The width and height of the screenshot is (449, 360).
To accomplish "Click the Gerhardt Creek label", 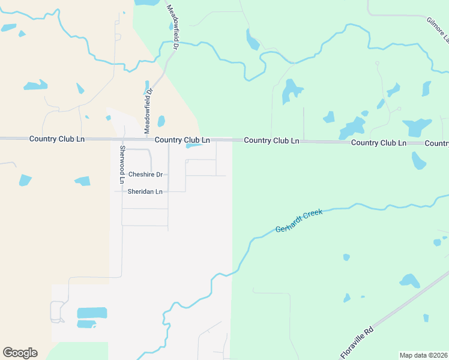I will [x=299, y=221].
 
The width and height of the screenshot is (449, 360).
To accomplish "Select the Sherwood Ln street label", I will [x=122, y=164].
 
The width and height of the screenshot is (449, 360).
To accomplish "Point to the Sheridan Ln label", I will [x=145, y=192].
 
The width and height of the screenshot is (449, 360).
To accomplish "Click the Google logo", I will [x=20, y=353].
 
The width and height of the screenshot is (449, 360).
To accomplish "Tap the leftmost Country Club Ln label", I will [x=57, y=139].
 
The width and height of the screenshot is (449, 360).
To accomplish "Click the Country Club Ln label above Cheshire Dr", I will [x=182, y=140].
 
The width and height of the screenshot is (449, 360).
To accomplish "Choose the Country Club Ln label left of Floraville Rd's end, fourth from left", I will [x=378, y=143].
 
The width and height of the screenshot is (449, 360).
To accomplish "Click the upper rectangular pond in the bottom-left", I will [x=92, y=313].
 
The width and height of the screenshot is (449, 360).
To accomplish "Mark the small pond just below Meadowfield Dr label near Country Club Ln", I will [x=161, y=121].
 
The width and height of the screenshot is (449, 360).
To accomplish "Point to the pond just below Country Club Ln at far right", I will [x=418, y=160].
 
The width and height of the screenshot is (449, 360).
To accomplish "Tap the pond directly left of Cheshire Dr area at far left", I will [x=25, y=180].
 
